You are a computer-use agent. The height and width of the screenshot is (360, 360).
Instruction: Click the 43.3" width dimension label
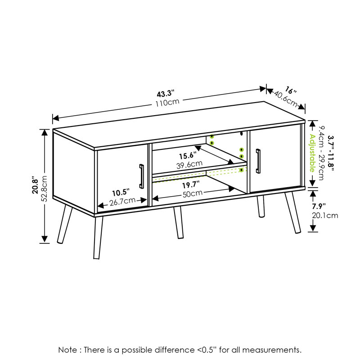[166, 94]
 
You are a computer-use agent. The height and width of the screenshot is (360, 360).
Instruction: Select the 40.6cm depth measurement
[286, 99]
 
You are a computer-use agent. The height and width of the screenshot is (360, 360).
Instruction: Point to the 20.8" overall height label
[35, 185]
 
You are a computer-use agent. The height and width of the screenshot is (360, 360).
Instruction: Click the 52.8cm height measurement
[44, 189]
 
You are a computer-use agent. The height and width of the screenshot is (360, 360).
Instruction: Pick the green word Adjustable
[312, 153]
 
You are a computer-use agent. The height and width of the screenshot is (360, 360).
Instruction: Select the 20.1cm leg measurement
[325, 216]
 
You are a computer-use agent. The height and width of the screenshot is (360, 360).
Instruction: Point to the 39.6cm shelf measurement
[189, 164]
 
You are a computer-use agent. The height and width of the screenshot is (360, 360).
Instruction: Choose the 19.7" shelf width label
[191, 185]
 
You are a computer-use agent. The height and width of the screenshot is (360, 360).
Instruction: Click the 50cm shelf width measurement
[193, 193]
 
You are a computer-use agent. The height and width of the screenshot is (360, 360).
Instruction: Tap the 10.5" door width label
[121, 193]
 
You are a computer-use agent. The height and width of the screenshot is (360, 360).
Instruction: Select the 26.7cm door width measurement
[122, 202]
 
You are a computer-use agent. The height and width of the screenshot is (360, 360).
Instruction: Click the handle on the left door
[142, 176]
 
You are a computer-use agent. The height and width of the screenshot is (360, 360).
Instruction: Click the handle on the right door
[258, 161]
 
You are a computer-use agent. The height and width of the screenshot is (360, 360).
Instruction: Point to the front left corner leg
[98, 238]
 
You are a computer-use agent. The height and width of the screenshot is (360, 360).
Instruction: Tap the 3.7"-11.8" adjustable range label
[331, 153]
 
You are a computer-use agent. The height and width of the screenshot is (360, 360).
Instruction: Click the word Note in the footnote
[68, 350]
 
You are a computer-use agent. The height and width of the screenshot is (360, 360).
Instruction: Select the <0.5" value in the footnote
[207, 350]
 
